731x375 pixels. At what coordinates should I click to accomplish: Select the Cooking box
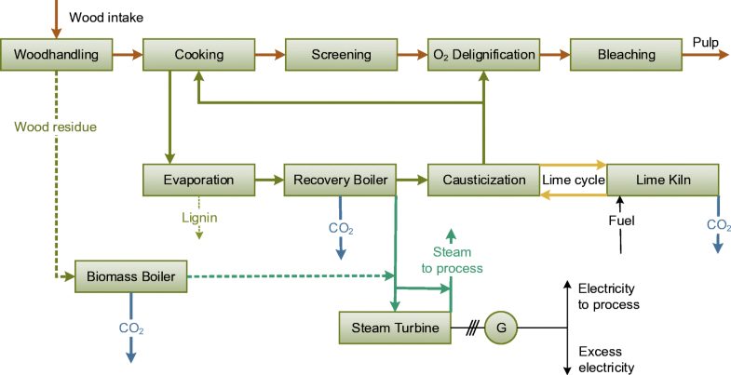click(x=199, y=55)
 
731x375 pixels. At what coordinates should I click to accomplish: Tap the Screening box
click(x=342, y=55)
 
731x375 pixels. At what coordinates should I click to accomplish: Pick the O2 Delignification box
click(x=483, y=55)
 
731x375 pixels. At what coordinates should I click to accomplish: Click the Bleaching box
click(x=626, y=55)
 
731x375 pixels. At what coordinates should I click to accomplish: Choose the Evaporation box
click(x=199, y=179)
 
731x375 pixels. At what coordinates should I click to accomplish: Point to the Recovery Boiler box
click(x=342, y=179)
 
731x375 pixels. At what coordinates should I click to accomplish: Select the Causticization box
click(x=483, y=179)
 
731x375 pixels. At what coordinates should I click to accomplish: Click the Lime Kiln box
click(x=663, y=179)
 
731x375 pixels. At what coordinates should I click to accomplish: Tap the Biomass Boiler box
click(x=131, y=275)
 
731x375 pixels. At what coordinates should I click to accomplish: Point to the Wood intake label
click(x=107, y=17)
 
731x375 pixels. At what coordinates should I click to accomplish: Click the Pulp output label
click(x=705, y=42)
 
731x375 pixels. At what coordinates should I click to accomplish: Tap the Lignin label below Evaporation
click(x=199, y=217)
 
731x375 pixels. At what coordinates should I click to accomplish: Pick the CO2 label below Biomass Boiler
click(x=130, y=328)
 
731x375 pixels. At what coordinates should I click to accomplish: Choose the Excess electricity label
click(x=606, y=359)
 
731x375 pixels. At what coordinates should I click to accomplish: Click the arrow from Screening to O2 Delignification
click(x=413, y=55)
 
